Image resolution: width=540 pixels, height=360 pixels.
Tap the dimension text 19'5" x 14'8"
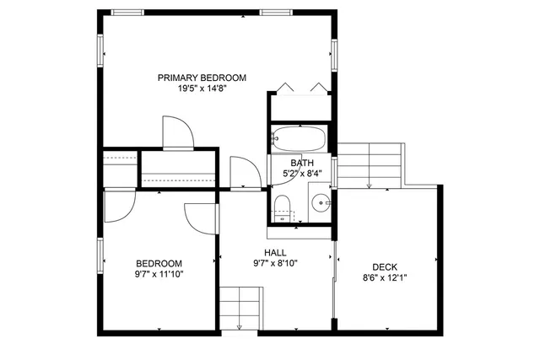pos(202,89)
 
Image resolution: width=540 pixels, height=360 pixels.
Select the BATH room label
pos(301,163)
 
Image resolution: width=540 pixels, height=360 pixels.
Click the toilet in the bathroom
pos(283,205)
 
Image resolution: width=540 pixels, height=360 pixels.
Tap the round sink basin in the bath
pos(320,203)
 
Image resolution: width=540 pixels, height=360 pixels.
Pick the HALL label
pos(275,252)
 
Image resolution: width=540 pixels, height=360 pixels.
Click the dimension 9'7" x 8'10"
pos(275,262)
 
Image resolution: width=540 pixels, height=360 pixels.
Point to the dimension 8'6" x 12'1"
pos(385,277)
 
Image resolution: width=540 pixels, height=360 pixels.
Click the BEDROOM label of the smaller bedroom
pos(159,262)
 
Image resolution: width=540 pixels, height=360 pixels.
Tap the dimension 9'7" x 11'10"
pos(159,273)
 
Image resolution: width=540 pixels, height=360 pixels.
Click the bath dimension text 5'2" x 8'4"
pos(301,174)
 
